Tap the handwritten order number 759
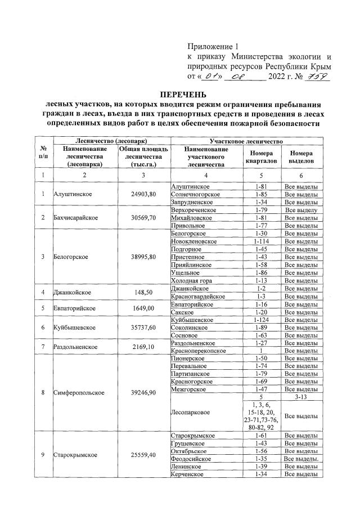317,77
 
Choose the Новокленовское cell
194,241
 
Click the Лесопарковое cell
190,413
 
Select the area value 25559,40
139,455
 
